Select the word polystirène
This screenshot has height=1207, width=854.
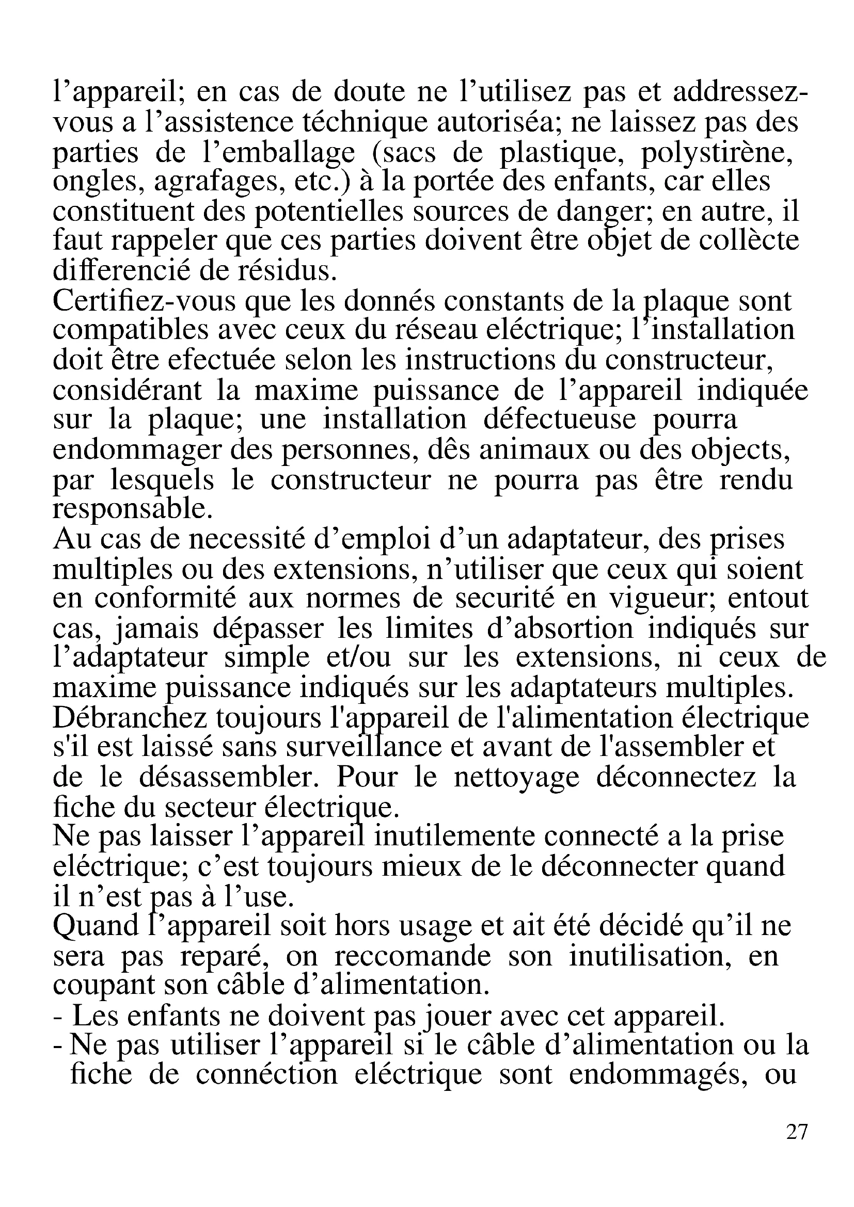point(716,153)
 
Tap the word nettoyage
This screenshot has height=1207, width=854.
point(516,778)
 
